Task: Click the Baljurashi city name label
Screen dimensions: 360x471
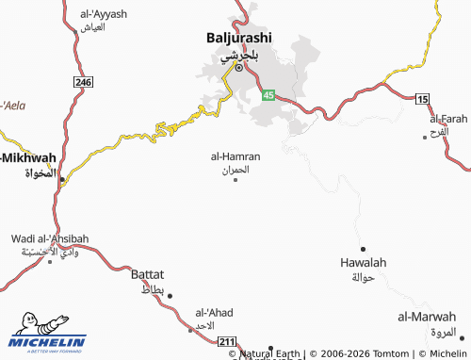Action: (239, 38)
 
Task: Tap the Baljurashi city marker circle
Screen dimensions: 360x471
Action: (239, 68)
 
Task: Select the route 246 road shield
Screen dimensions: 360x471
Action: (85, 83)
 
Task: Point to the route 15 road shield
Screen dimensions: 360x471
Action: (421, 99)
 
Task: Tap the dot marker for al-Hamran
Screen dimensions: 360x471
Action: (235, 179)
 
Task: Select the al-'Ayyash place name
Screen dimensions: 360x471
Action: (104, 14)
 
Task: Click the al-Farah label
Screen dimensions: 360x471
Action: (448, 120)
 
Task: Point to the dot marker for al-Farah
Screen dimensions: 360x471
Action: (427, 111)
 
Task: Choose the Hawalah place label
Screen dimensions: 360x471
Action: (364, 263)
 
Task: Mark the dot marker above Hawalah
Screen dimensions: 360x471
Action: (364, 222)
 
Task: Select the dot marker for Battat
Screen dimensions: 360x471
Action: (171, 295)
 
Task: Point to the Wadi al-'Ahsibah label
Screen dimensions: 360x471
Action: (50, 239)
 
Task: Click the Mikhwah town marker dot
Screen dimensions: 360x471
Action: (63, 177)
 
